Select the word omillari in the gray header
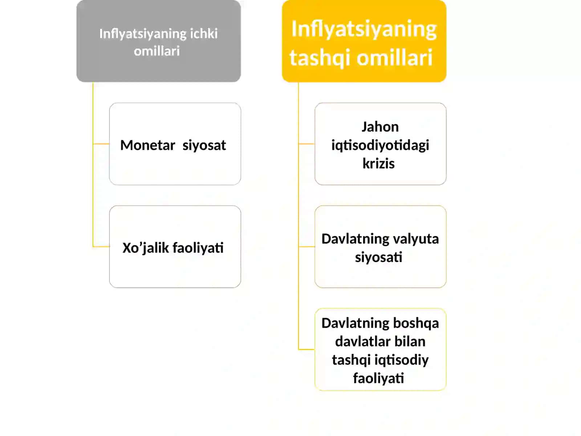tap(157, 51)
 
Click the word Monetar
tap(147, 145)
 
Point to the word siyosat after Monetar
tap(204, 145)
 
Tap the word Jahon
tap(380, 127)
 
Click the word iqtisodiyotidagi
tap(380, 145)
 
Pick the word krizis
tap(378, 163)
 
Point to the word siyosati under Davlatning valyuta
tap(378, 257)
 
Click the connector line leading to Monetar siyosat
tap(101, 144)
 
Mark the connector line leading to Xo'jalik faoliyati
tap(101, 246)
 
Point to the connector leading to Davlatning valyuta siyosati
tap(306, 246)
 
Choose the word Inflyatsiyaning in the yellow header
tap(364, 29)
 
